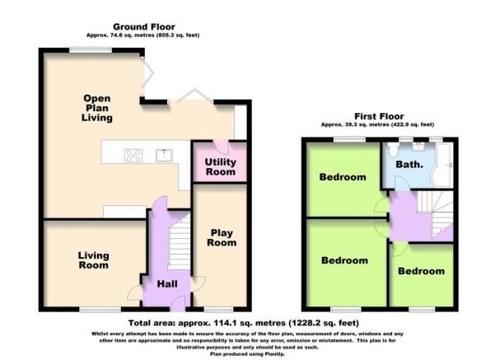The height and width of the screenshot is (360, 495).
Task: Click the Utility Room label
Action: pos(221,166)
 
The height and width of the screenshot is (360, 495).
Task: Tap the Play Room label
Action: pos(222,237)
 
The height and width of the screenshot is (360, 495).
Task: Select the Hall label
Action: pos(167,284)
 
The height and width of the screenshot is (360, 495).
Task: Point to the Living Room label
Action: pos(93,260)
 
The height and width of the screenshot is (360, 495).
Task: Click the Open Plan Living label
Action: pos(97,108)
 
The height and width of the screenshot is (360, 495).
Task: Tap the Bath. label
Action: pos(409,165)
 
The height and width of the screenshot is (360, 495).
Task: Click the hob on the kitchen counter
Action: pos(133,156)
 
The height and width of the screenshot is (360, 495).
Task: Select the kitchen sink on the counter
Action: pos(164,155)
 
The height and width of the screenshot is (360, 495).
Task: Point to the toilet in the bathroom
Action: pos(393,150)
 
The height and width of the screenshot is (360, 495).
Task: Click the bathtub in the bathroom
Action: pos(444,165)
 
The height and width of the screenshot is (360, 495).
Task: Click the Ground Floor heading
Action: pos(144,27)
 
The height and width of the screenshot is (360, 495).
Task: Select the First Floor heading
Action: pos(379,116)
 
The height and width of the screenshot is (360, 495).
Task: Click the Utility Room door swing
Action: pos(222,147)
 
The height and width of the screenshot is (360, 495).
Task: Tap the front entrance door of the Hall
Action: pos(178,304)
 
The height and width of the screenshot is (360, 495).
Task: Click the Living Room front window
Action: pos(100,310)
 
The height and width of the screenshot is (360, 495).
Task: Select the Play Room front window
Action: pos(218,310)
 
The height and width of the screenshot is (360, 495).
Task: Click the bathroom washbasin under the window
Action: pos(418,147)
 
